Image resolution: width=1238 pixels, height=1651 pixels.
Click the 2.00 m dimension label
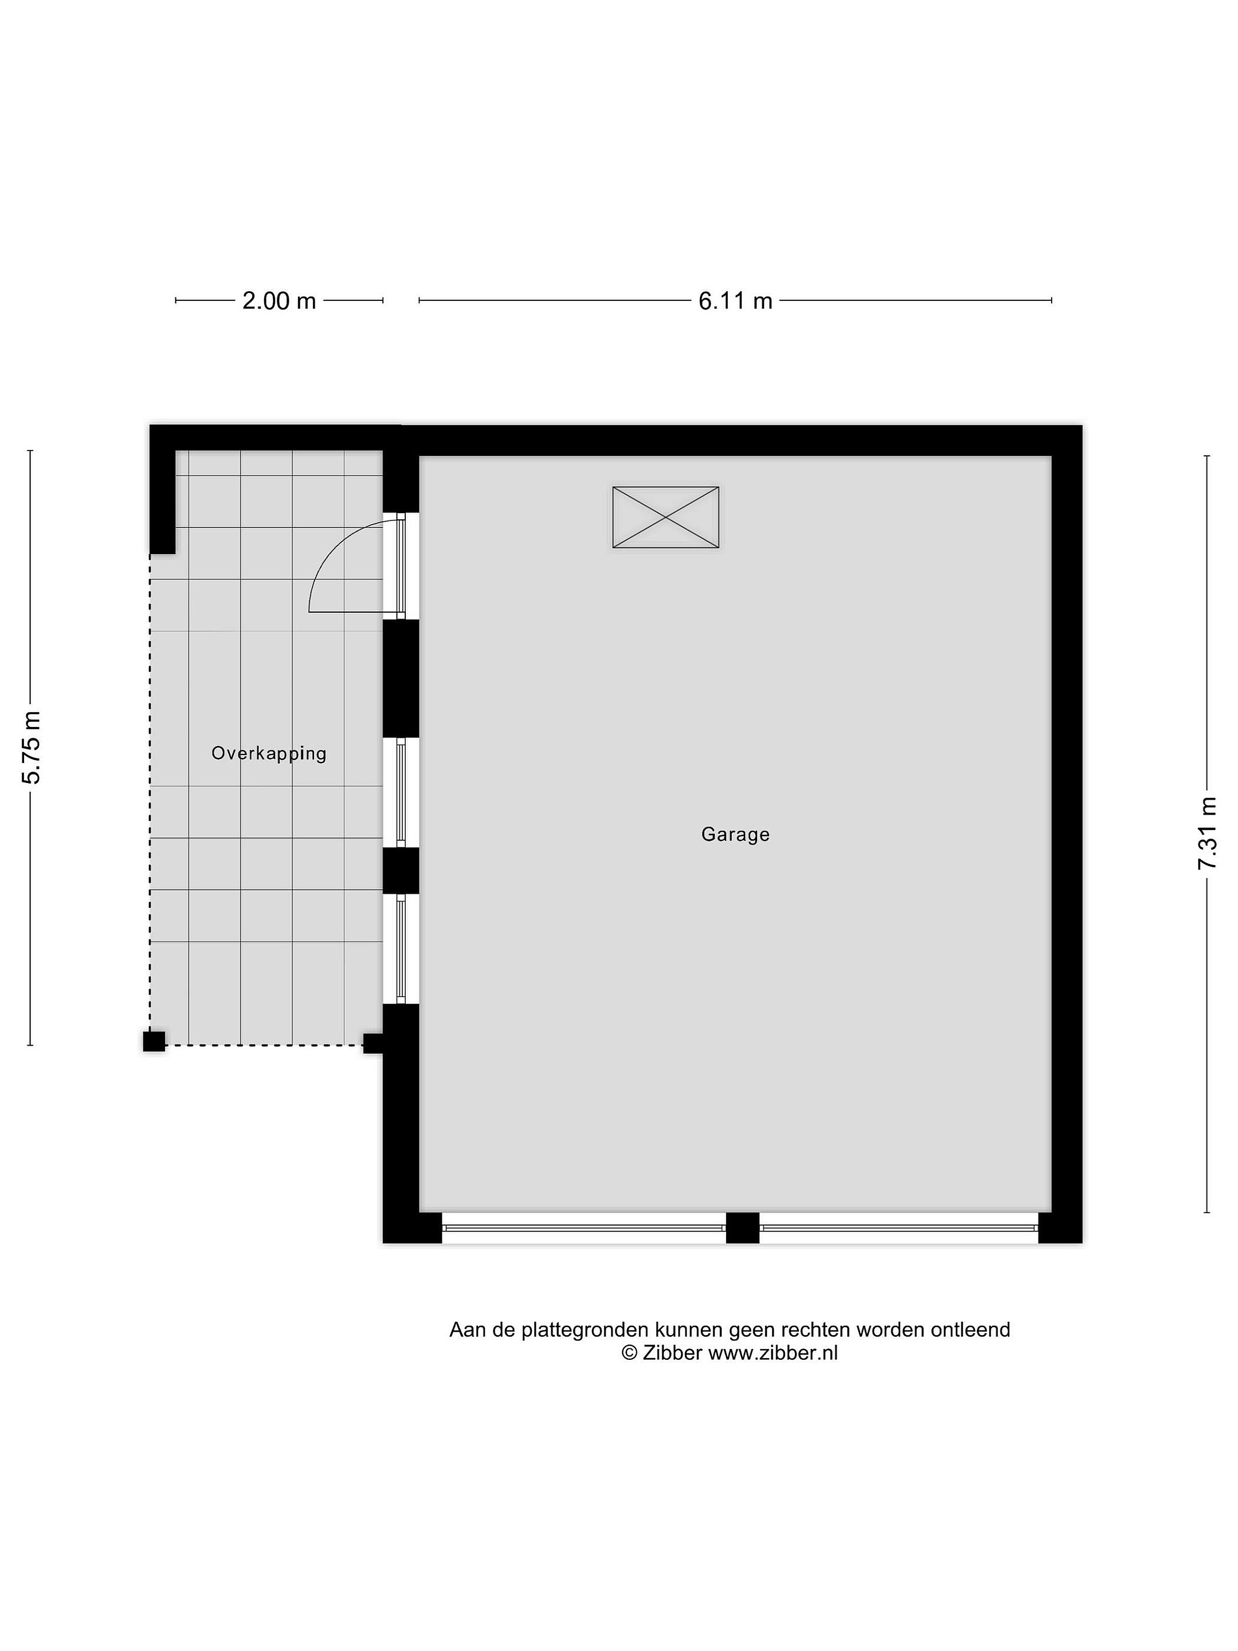pyautogui.click(x=279, y=301)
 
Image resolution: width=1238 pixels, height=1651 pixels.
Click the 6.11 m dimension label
pyautogui.click(x=735, y=301)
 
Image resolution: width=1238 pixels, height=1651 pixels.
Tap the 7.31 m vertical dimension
pyautogui.click(x=1206, y=833)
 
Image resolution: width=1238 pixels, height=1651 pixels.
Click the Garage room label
pyautogui.click(x=735, y=835)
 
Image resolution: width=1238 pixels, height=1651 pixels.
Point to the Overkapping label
pyautogui.click(x=269, y=754)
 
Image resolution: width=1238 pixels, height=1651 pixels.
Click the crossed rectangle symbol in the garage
pyautogui.click(x=665, y=517)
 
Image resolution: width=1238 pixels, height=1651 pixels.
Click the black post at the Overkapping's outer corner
pyautogui.click(x=154, y=1041)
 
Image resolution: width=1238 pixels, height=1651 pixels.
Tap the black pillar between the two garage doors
pyautogui.click(x=742, y=1228)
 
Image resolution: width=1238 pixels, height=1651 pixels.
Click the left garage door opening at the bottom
pyautogui.click(x=583, y=1228)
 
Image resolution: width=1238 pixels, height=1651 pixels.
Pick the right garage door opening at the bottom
pyautogui.click(x=899, y=1228)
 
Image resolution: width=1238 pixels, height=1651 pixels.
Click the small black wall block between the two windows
pyautogui.click(x=401, y=870)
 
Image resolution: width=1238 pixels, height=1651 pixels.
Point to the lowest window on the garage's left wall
pyautogui.click(x=401, y=949)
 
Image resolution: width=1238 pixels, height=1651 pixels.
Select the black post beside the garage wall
pyautogui.click(x=373, y=1043)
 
